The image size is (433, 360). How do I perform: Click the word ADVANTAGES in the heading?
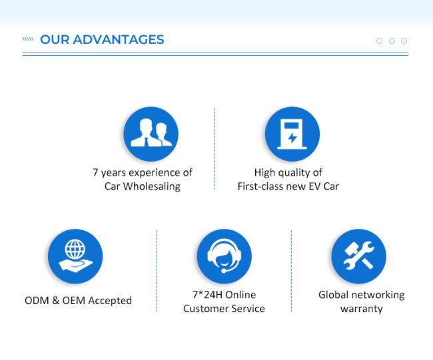click(x=119, y=39)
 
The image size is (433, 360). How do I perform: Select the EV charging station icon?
click(x=292, y=134)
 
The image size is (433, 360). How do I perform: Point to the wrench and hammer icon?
click(x=358, y=256)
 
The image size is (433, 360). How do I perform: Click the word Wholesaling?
click(x=152, y=186)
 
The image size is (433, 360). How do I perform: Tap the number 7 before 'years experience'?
click(x=95, y=172)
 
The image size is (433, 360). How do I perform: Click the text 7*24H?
click(x=207, y=295)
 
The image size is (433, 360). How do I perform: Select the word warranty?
click(x=362, y=309)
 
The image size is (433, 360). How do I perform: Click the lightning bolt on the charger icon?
click(x=292, y=138)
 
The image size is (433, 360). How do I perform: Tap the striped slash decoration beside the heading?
click(x=28, y=39)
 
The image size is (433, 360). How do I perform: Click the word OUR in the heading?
click(x=55, y=39)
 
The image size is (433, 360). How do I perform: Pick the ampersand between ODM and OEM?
click(x=55, y=300)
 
